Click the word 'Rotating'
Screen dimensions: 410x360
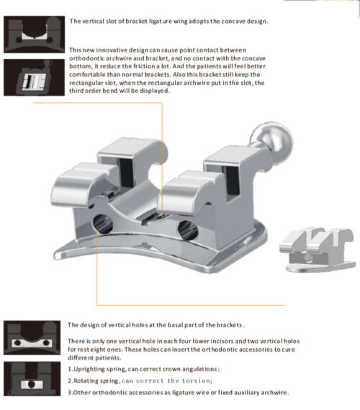pos(89,381)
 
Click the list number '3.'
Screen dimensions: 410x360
pos(71,392)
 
